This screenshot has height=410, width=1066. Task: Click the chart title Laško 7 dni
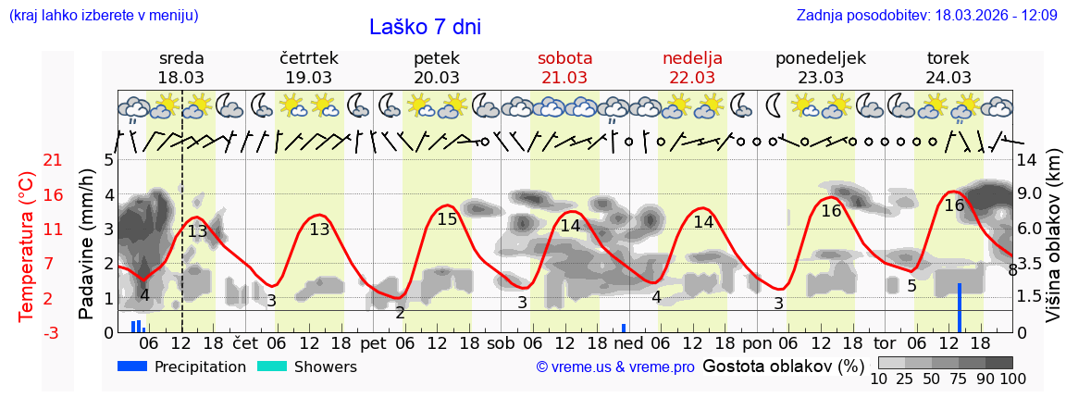click(x=425, y=28)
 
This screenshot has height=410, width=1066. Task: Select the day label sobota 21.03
click(x=564, y=68)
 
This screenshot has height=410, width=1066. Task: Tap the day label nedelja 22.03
click(x=692, y=68)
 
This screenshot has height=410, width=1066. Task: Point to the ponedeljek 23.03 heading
click(x=820, y=68)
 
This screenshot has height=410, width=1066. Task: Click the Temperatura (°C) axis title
click(x=27, y=247)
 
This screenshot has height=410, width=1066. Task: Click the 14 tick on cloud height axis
click(x=1026, y=160)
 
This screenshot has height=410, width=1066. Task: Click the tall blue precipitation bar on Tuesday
click(x=960, y=308)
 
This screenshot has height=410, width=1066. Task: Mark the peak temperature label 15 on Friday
click(x=447, y=219)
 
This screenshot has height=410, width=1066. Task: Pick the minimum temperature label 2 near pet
click(x=400, y=313)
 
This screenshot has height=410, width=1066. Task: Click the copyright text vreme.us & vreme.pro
click(x=615, y=367)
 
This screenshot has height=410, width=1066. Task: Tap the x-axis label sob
click(x=501, y=342)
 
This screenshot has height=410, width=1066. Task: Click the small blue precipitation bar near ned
click(x=624, y=328)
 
